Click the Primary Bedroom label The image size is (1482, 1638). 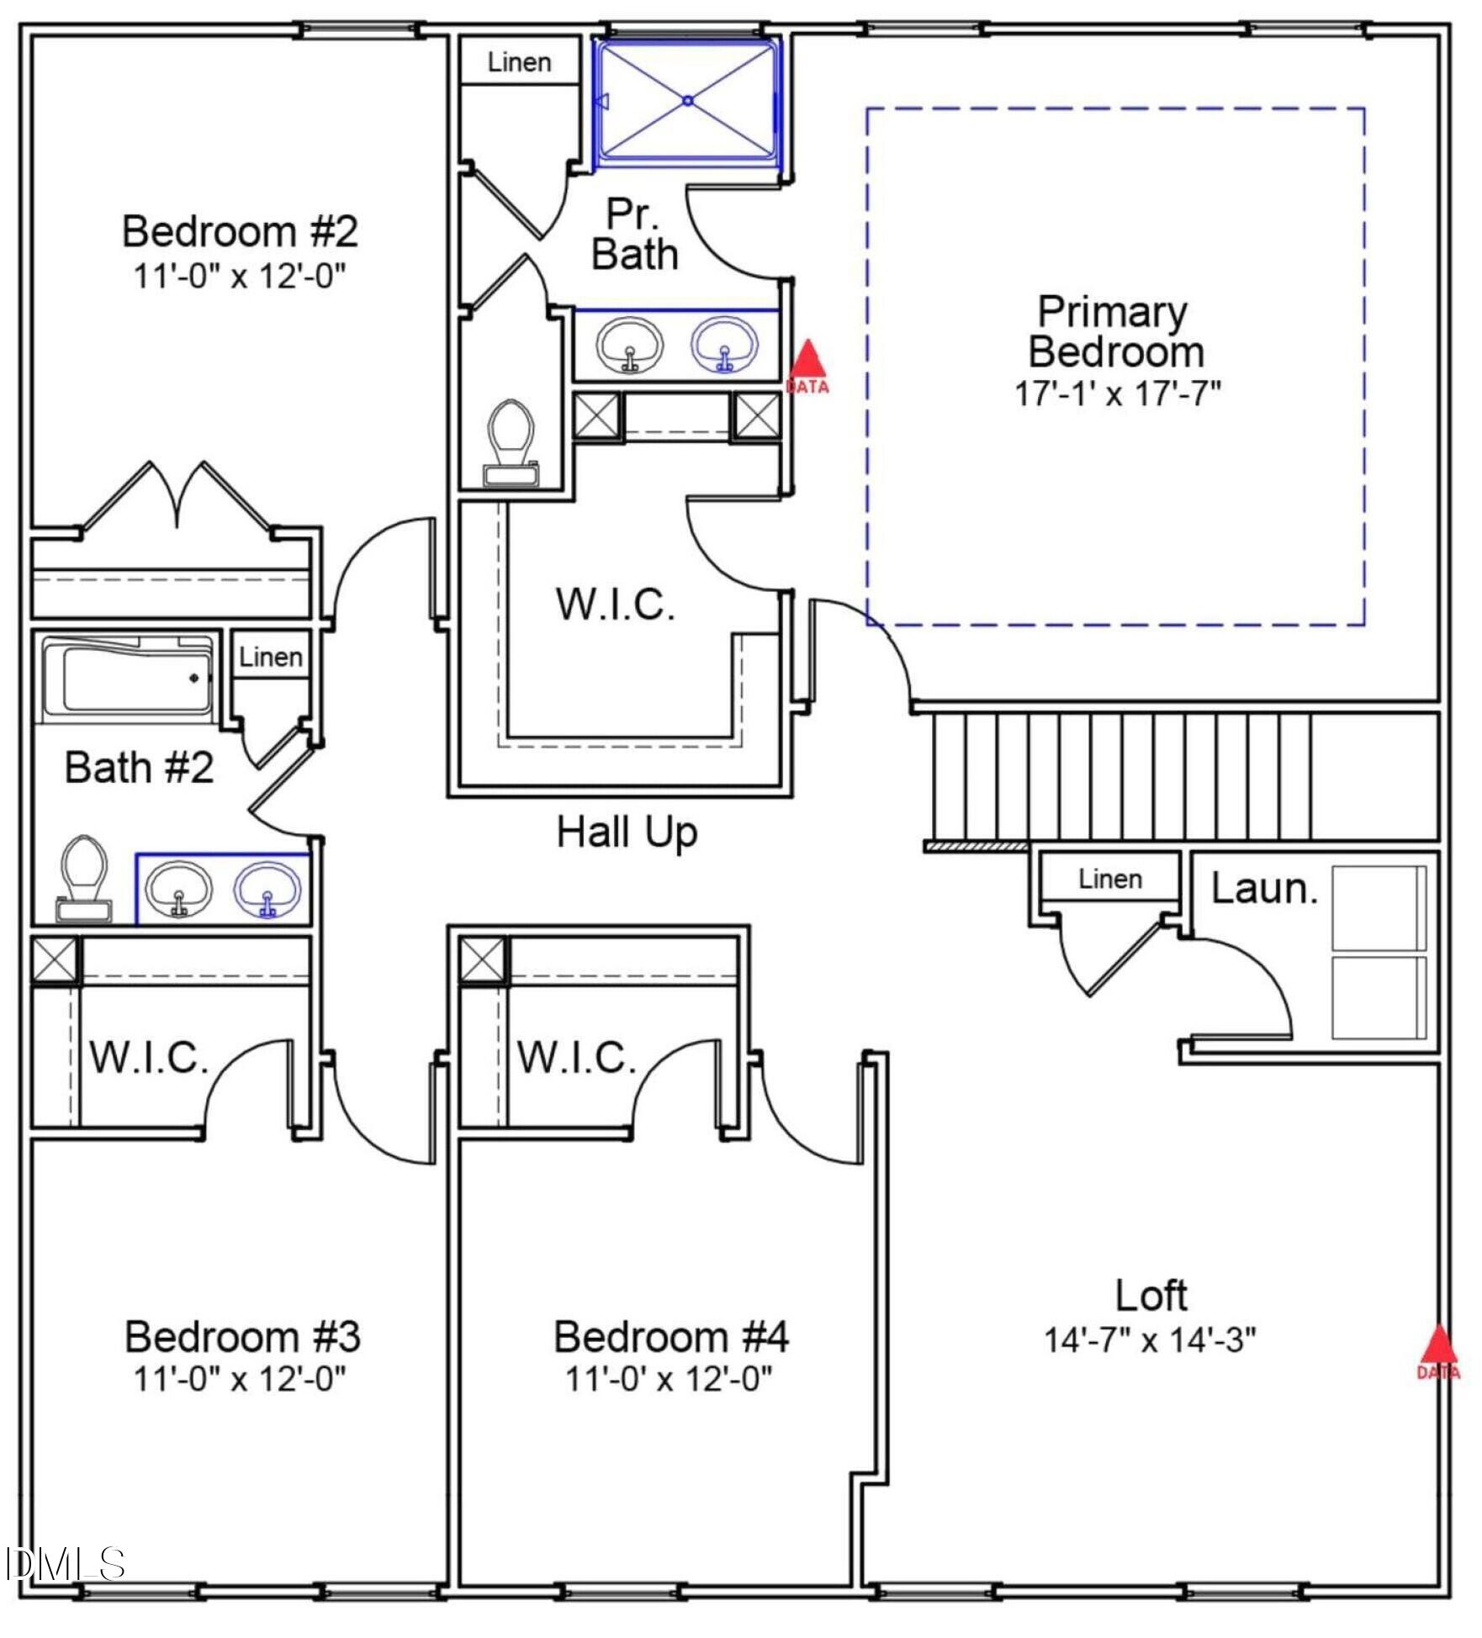point(1116,332)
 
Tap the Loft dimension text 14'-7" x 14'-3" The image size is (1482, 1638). point(1149,1339)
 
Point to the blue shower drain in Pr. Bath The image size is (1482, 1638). point(687,100)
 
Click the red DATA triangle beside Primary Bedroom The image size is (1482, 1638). point(807,362)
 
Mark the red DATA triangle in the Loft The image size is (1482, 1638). point(1438,1346)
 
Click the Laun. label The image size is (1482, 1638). point(1264,889)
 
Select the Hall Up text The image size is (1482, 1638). point(627,832)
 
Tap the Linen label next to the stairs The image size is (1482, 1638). point(1110,880)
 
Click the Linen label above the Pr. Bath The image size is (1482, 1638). point(519,62)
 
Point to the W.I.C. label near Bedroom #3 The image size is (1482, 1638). point(149,1058)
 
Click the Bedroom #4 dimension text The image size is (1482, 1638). point(669,1379)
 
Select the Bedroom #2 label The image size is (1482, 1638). point(240,231)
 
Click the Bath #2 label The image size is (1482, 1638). point(139,768)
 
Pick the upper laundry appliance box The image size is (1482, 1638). point(1379,908)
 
